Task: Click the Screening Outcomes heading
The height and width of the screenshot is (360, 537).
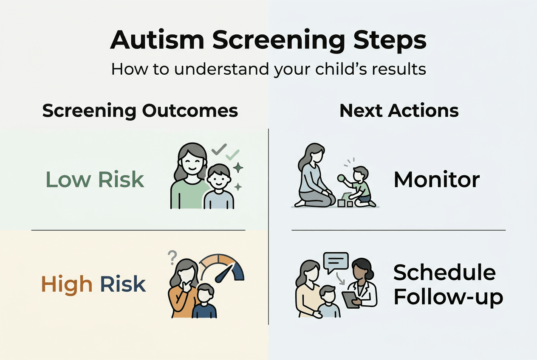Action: [140, 111]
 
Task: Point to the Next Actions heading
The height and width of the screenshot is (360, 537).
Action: [399, 111]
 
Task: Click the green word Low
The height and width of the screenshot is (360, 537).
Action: [68, 180]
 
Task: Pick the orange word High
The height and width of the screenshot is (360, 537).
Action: [67, 284]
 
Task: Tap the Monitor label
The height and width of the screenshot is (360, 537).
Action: [436, 180]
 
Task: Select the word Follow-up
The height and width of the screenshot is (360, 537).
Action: [448, 297]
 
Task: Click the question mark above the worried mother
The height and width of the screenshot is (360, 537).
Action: [172, 256]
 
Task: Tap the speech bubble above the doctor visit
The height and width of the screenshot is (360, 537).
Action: [336, 261]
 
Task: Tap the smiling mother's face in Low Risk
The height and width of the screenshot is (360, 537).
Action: [190, 160]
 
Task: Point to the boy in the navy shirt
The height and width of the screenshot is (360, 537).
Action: [205, 304]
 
